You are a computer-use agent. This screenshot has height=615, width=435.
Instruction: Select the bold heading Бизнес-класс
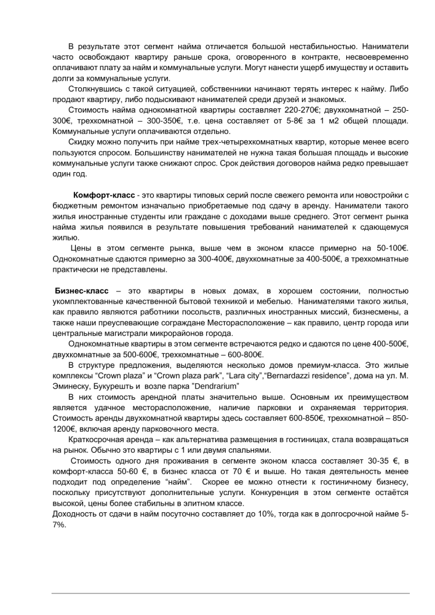82,290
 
